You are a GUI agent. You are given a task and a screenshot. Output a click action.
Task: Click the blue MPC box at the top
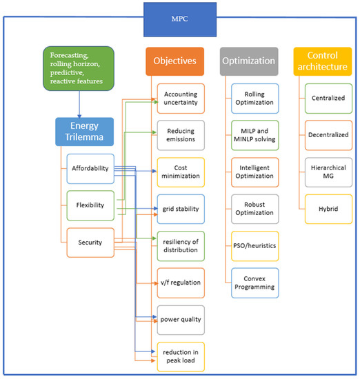point(179,19)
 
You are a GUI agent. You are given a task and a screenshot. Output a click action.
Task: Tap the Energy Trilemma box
point(84,130)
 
